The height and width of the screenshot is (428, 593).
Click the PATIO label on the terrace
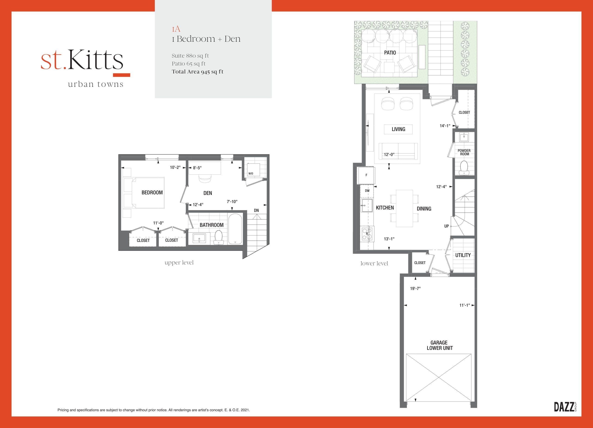point(390,53)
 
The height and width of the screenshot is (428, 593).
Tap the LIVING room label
point(398,129)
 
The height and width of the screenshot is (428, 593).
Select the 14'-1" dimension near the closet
point(445,126)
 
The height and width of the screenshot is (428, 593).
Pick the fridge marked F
point(366,175)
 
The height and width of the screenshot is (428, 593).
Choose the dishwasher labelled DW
point(367,191)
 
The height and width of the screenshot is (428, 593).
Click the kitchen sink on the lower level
point(367,205)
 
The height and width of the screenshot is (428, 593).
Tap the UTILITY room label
point(463,255)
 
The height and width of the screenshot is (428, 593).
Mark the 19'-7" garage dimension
point(415,288)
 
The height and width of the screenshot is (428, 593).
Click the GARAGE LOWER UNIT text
point(439,345)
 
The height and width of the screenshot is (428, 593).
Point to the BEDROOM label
point(152,193)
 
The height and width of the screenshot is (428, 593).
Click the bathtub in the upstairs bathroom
point(235,229)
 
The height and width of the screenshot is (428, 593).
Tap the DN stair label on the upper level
point(256,210)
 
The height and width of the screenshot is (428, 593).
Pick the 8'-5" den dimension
point(197,168)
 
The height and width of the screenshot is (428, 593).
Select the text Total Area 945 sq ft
point(197,72)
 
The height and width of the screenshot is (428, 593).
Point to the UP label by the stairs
point(446,226)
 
